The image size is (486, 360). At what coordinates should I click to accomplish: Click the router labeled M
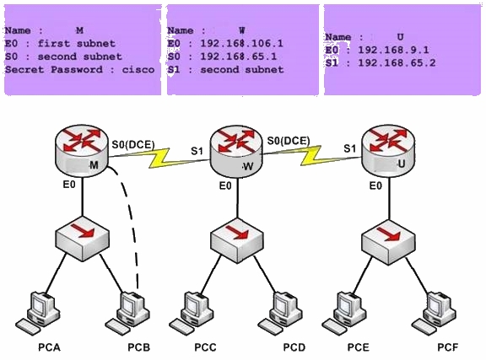(x=82, y=152)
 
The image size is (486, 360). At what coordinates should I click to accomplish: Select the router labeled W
(x=236, y=152)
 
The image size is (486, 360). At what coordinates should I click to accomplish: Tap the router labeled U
(x=388, y=151)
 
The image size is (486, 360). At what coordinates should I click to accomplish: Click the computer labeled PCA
(x=38, y=313)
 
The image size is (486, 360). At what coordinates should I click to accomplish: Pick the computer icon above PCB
(x=127, y=314)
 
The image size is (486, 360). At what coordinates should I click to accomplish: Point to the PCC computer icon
(x=192, y=314)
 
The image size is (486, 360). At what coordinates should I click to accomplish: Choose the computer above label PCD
(x=280, y=314)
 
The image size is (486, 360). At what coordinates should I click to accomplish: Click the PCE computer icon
(x=344, y=314)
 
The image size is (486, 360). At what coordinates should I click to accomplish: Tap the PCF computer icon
(x=434, y=314)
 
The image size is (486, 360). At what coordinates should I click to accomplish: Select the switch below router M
(x=83, y=239)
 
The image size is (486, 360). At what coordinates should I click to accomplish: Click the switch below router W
(x=237, y=240)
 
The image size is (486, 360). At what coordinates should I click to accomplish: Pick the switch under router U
(x=389, y=242)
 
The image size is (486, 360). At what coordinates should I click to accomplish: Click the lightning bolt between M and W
(x=159, y=158)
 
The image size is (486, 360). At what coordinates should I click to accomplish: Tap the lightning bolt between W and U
(x=310, y=155)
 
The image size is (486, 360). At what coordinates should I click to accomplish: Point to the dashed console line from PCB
(x=130, y=217)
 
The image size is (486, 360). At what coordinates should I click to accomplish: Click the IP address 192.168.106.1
(x=242, y=43)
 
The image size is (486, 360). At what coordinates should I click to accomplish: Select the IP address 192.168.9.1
(x=394, y=50)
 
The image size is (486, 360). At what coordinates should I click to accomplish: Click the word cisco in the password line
(x=138, y=69)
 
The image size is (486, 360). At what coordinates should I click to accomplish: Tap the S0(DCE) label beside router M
(x=133, y=144)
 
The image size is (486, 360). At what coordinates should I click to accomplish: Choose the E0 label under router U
(x=375, y=185)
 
